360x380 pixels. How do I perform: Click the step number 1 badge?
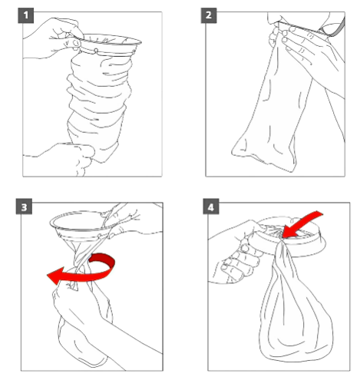(x=26, y=15)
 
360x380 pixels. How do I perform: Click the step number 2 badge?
(x=209, y=15)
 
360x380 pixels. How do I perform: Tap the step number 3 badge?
(x=24, y=207)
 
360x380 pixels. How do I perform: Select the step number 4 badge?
(x=211, y=207)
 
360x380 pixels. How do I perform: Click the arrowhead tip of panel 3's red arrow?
(x=48, y=276)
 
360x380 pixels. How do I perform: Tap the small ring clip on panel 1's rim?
(x=96, y=51)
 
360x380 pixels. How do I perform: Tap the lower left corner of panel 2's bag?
(x=233, y=153)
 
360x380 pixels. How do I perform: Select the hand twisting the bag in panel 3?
(x=77, y=307)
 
